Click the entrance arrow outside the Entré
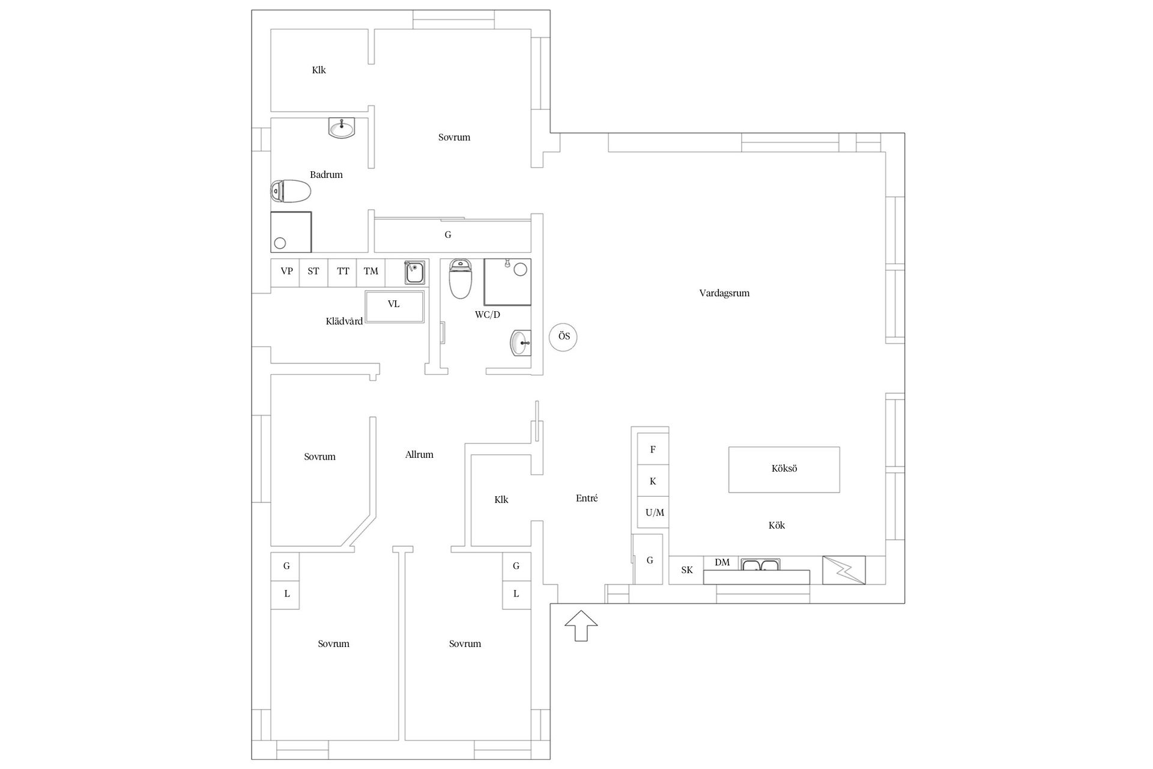tap(581, 625)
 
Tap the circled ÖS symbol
tap(563, 337)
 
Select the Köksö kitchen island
tap(784, 469)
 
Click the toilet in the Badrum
tap(291, 192)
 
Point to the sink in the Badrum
tap(342, 127)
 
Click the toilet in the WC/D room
tap(461, 278)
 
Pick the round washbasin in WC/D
tap(520, 343)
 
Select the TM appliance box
tap(371, 272)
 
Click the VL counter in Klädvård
tap(395, 306)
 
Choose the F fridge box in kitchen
tap(652, 449)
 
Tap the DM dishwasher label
tap(722, 563)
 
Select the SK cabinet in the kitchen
tap(686, 570)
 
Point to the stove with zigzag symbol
tap(844, 570)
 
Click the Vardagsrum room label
tap(724, 293)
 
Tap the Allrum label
tap(419, 455)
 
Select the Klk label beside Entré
tap(501, 499)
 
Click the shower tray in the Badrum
tap(291, 232)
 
